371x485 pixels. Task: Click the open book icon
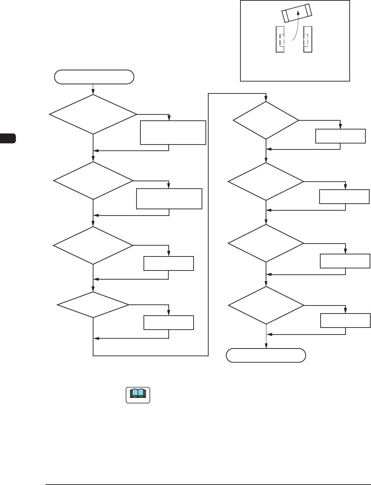pyautogui.click(x=138, y=395)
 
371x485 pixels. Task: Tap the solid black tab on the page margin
pyautogui.click(x=8, y=138)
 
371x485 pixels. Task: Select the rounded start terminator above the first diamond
pyautogui.click(x=94, y=77)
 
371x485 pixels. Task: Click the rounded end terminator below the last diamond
pyautogui.click(x=266, y=355)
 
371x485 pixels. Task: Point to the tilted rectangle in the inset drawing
pyautogui.click(x=297, y=13)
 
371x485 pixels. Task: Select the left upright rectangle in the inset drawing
pyautogui.click(x=280, y=40)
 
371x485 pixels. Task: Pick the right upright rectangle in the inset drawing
pyautogui.click(x=308, y=40)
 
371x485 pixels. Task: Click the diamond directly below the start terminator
pyautogui.click(x=93, y=114)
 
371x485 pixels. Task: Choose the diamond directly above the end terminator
pyautogui.click(x=266, y=305)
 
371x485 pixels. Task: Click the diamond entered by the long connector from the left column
pyautogui.click(x=266, y=120)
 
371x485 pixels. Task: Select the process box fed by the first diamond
pyautogui.click(x=173, y=133)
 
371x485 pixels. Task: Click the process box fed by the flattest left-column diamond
pyautogui.click(x=169, y=323)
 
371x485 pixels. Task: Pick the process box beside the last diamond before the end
pyautogui.click(x=345, y=321)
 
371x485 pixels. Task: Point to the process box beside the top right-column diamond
pyautogui.click(x=341, y=136)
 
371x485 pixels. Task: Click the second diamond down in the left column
pyautogui.click(x=93, y=181)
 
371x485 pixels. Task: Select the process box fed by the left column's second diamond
pyautogui.click(x=169, y=199)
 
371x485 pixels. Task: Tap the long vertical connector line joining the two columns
pyautogui.click(x=208, y=224)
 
